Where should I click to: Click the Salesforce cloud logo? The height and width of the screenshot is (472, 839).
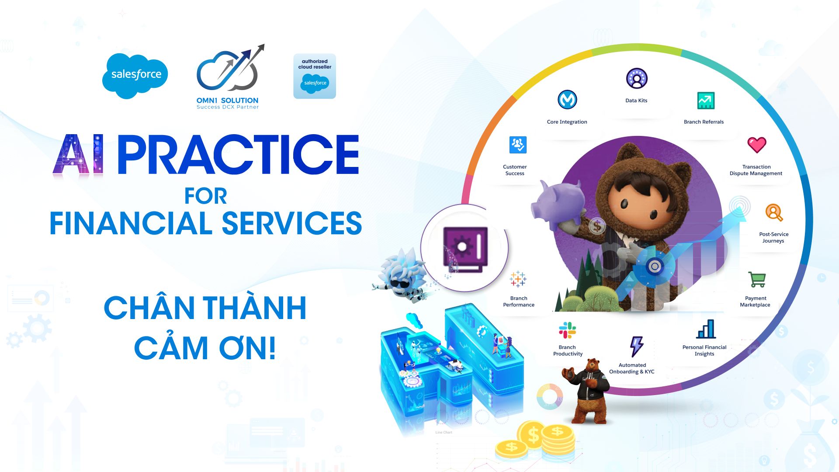(135, 76)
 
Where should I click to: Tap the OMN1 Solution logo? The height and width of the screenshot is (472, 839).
(228, 77)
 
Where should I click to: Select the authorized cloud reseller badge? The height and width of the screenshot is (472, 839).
(315, 76)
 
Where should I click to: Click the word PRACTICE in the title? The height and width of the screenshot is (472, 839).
(238, 154)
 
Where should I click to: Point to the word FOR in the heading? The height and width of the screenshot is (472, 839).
(205, 196)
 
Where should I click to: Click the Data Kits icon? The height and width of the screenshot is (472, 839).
(637, 79)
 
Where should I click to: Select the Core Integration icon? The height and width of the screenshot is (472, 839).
(567, 100)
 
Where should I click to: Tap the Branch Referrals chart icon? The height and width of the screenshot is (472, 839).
(706, 101)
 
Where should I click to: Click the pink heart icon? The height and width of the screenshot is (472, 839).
(757, 145)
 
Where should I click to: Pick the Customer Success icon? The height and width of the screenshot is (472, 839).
(518, 145)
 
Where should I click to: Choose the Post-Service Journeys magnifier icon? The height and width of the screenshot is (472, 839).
(774, 212)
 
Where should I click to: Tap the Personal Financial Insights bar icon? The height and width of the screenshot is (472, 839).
(706, 329)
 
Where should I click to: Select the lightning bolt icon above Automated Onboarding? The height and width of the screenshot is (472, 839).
(636, 347)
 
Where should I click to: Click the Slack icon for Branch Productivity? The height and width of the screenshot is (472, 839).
(567, 330)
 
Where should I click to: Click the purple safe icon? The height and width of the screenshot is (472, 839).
(465, 248)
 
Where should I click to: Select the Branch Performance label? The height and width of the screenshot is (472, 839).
(519, 302)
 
